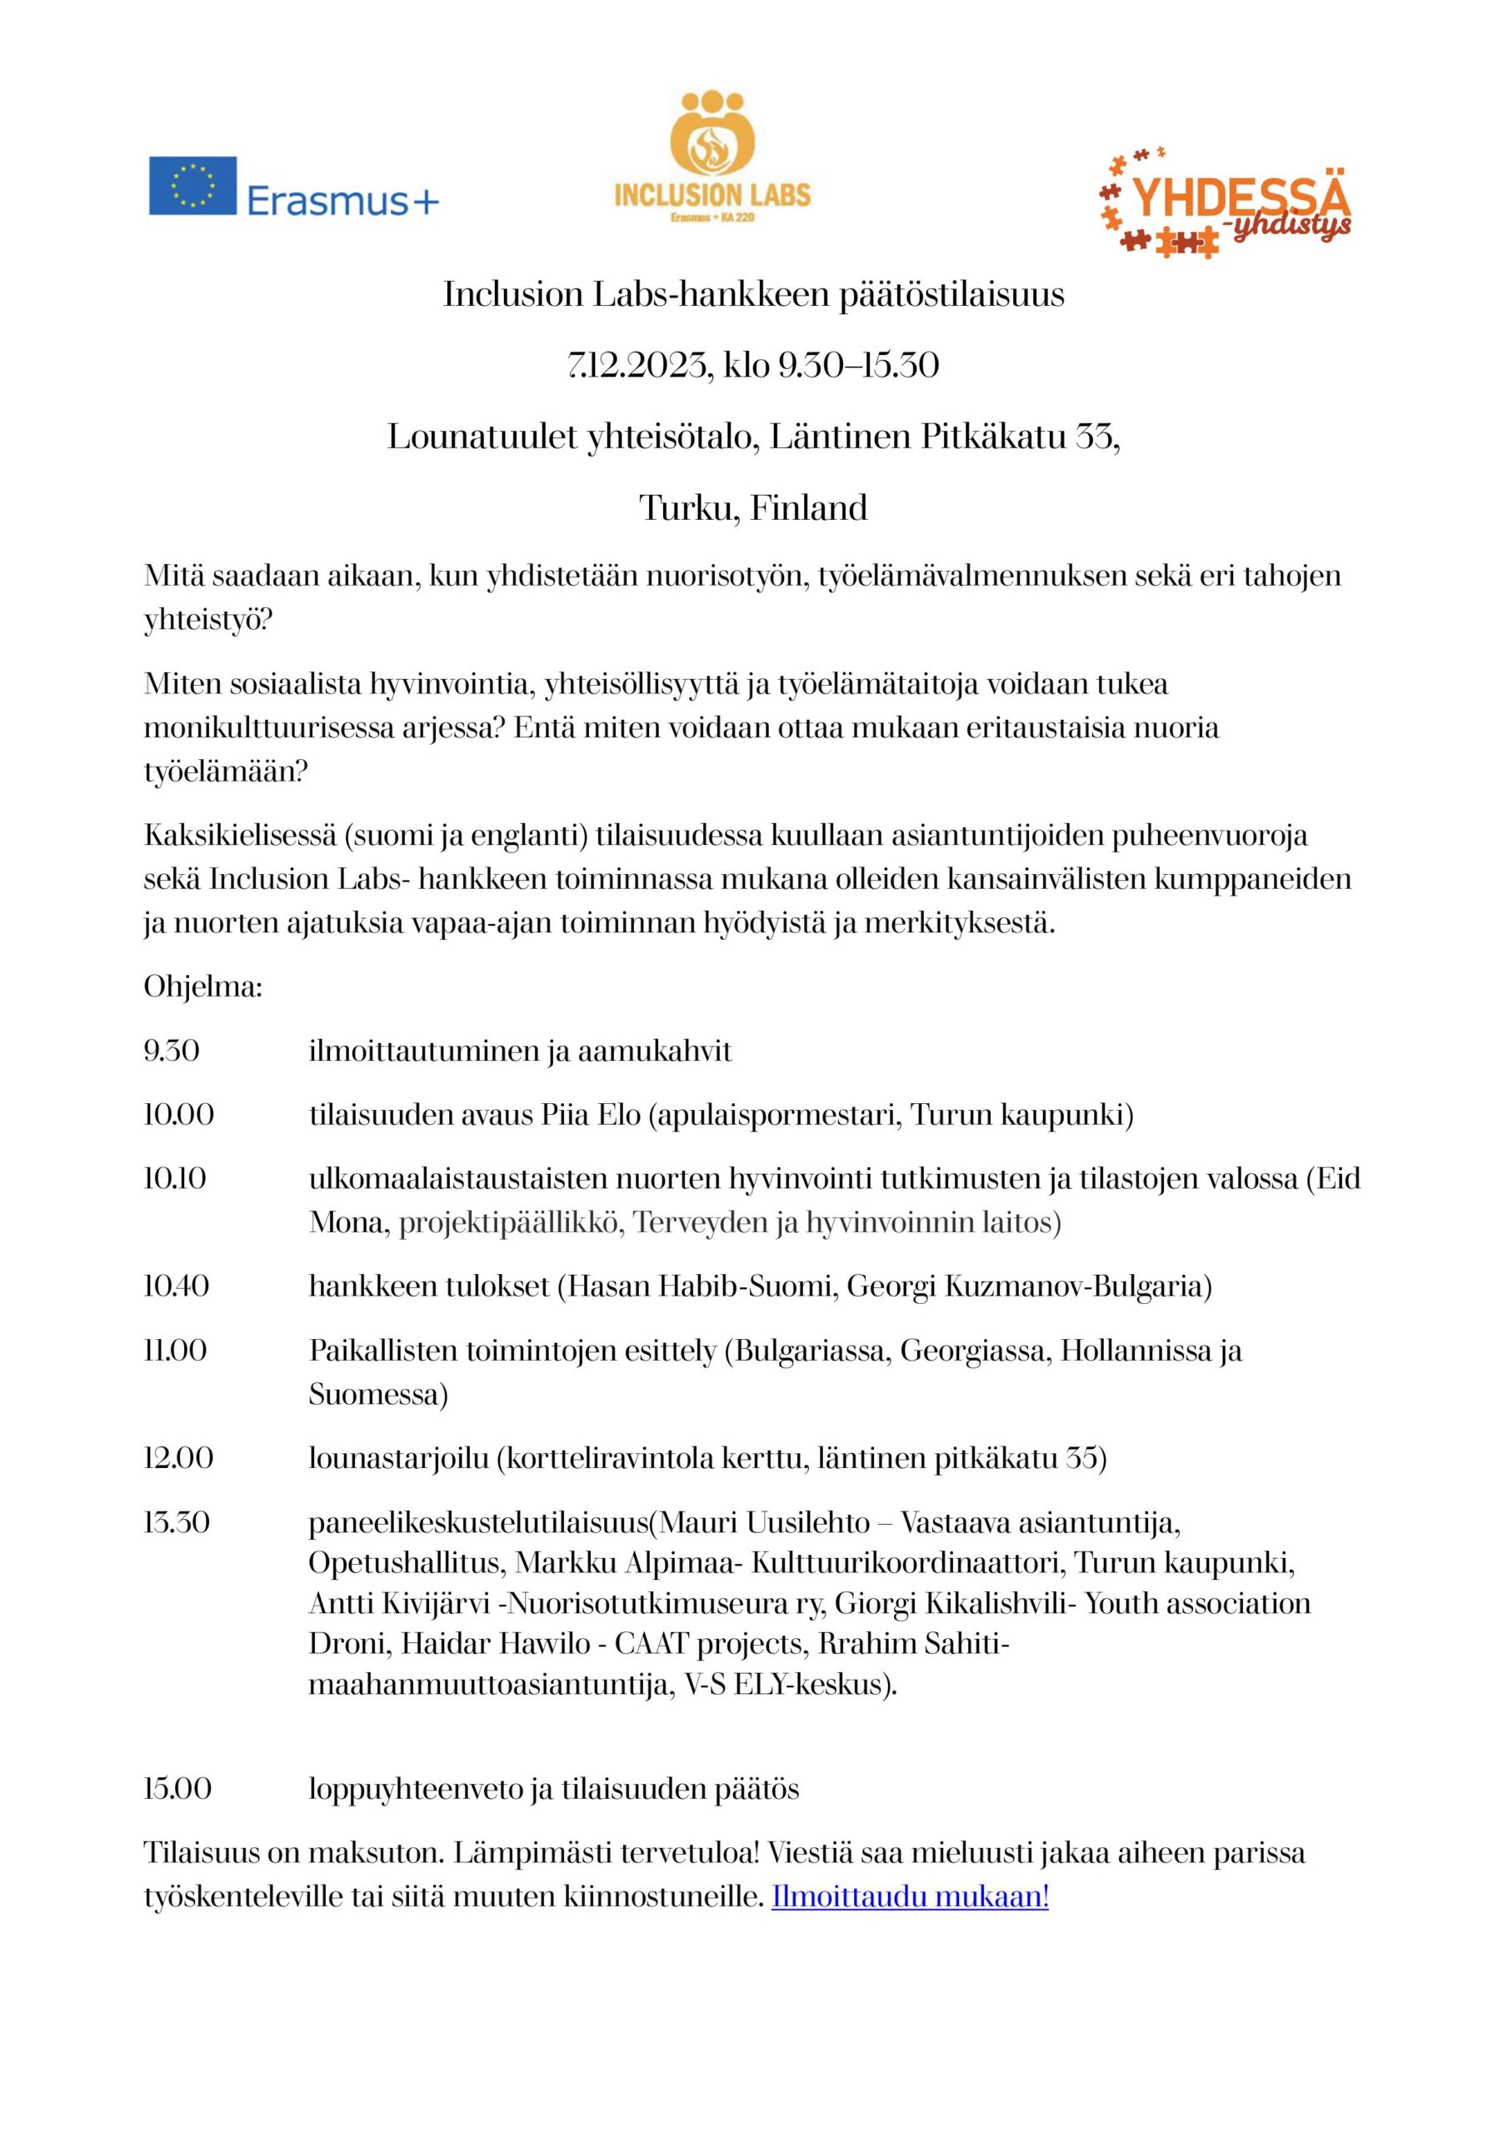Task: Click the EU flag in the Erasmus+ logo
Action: pos(192,186)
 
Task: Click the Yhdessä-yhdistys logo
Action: pos(1225,202)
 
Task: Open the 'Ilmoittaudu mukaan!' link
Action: pos(910,1897)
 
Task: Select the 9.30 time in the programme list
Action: pos(172,1051)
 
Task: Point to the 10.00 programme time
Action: pos(178,1114)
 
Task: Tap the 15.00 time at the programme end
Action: pos(177,1788)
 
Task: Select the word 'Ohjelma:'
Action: pos(202,987)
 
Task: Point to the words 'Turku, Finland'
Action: pos(753,508)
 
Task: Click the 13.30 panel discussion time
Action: pos(177,1522)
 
